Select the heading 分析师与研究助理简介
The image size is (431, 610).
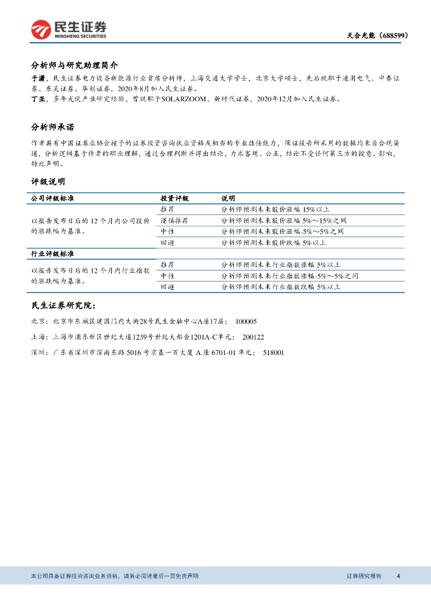tap(74, 65)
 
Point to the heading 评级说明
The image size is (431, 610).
tap(48, 182)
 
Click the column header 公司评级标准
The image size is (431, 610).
tap(56, 198)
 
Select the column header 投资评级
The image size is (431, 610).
tap(174, 198)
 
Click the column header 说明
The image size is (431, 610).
tap(228, 198)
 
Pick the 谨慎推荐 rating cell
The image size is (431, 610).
tap(174, 220)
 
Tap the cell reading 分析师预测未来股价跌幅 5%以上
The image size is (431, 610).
tap(273, 242)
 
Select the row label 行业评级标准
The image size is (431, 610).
tap(52, 254)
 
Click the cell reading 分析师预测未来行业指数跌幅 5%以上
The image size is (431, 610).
tap(280, 287)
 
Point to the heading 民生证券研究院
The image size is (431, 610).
tap(63, 306)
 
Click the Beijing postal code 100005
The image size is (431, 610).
tap(246, 321)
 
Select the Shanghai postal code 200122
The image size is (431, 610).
tap(253, 337)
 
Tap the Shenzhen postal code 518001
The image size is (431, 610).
tap(273, 352)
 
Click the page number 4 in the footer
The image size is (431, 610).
tap(398, 576)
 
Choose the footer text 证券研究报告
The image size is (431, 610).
tap(364, 576)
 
